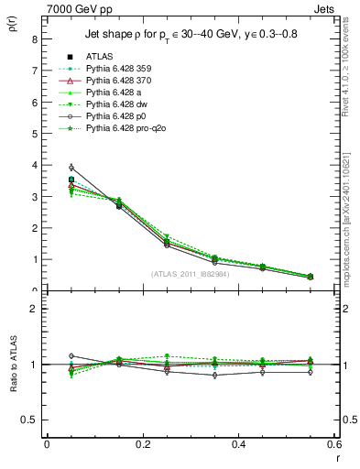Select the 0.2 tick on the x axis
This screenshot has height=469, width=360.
pyautogui.click(x=142, y=444)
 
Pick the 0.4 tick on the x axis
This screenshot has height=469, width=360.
pyautogui.click(x=238, y=444)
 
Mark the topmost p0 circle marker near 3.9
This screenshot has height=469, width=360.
pyautogui.click(x=71, y=168)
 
